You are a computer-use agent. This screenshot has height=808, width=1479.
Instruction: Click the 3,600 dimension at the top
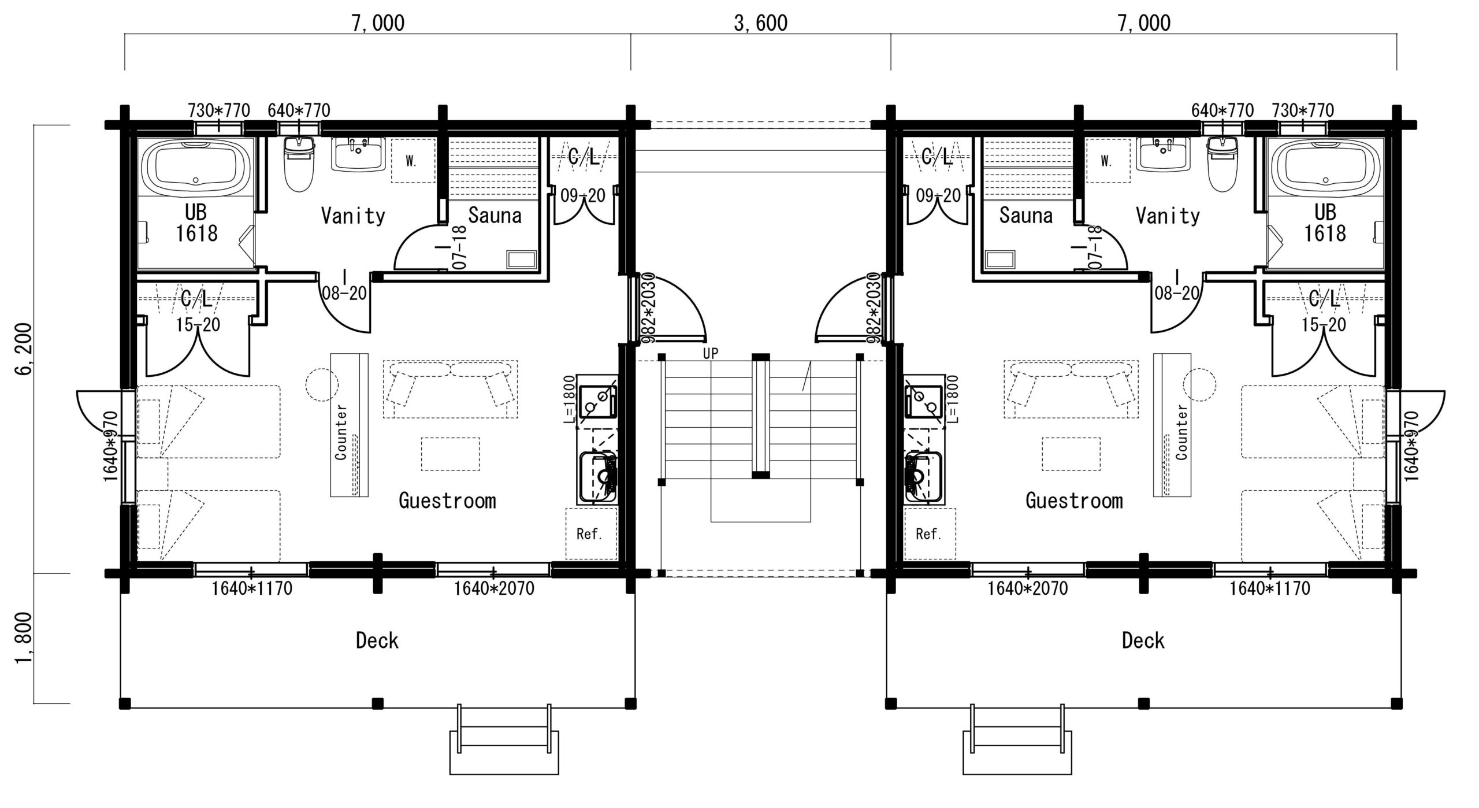760,23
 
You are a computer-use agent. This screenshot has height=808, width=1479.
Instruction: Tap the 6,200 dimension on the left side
25,349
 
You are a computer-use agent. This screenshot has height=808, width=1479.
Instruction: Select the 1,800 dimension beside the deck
25,639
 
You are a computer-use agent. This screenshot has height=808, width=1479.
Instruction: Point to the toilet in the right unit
1222,165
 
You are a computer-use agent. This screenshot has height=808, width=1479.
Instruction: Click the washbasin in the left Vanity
358,154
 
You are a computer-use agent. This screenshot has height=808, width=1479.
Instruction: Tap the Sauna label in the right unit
1025,216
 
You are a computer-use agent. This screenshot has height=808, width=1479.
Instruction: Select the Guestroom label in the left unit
447,501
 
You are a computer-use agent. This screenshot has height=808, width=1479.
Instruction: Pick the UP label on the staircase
711,354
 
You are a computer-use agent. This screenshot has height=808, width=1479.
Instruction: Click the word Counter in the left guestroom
341,432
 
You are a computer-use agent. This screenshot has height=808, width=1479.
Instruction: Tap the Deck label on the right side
1143,640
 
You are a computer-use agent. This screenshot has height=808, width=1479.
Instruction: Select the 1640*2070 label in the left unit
493,589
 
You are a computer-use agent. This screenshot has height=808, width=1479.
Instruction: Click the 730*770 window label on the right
1302,110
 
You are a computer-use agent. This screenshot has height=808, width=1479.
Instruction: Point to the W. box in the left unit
411,161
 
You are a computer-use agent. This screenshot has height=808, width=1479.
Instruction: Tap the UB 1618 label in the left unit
196,223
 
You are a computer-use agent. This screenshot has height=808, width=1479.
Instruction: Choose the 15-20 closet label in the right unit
1324,325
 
